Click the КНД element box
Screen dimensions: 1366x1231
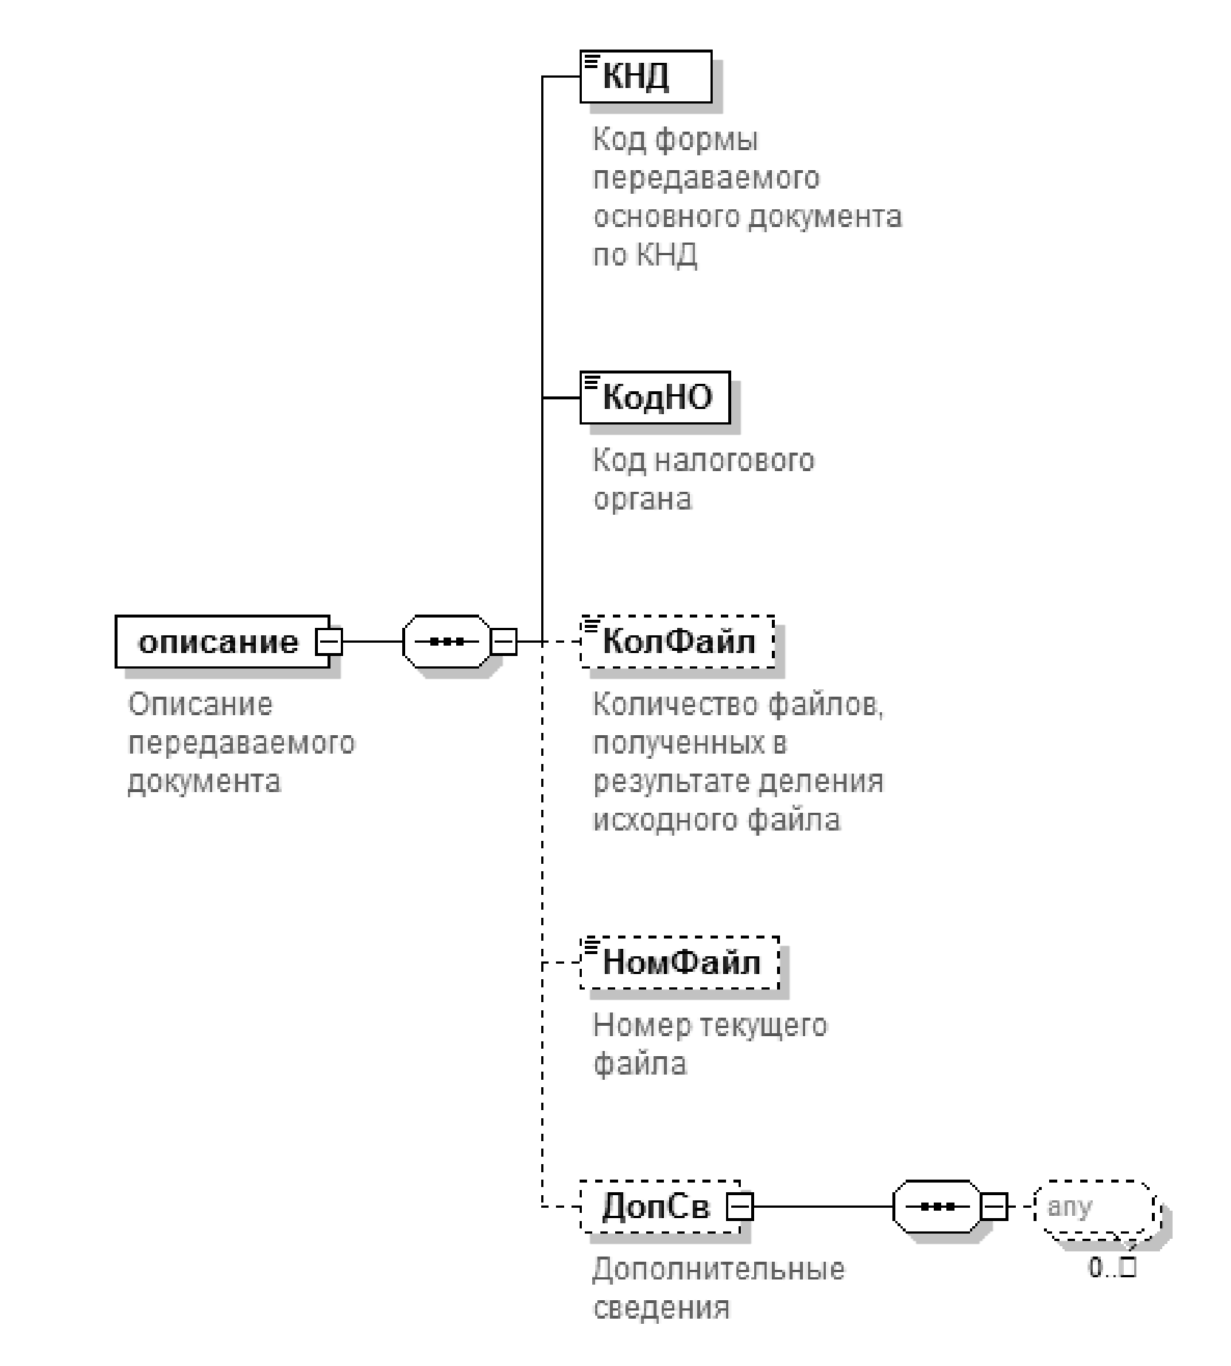[645, 76]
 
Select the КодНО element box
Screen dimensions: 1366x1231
[655, 397]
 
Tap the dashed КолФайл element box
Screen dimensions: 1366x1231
[678, 641]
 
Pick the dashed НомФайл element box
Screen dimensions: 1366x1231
[680, 962]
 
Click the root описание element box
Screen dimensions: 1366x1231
[218, 641]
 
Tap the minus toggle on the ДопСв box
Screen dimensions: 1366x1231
[740, 1208]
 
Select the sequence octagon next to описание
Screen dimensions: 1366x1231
[447, 641]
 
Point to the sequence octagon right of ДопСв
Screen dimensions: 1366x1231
[937, 1207]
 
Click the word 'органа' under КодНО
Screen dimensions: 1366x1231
[642, 499]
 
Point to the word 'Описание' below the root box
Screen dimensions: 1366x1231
[200, 704]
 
